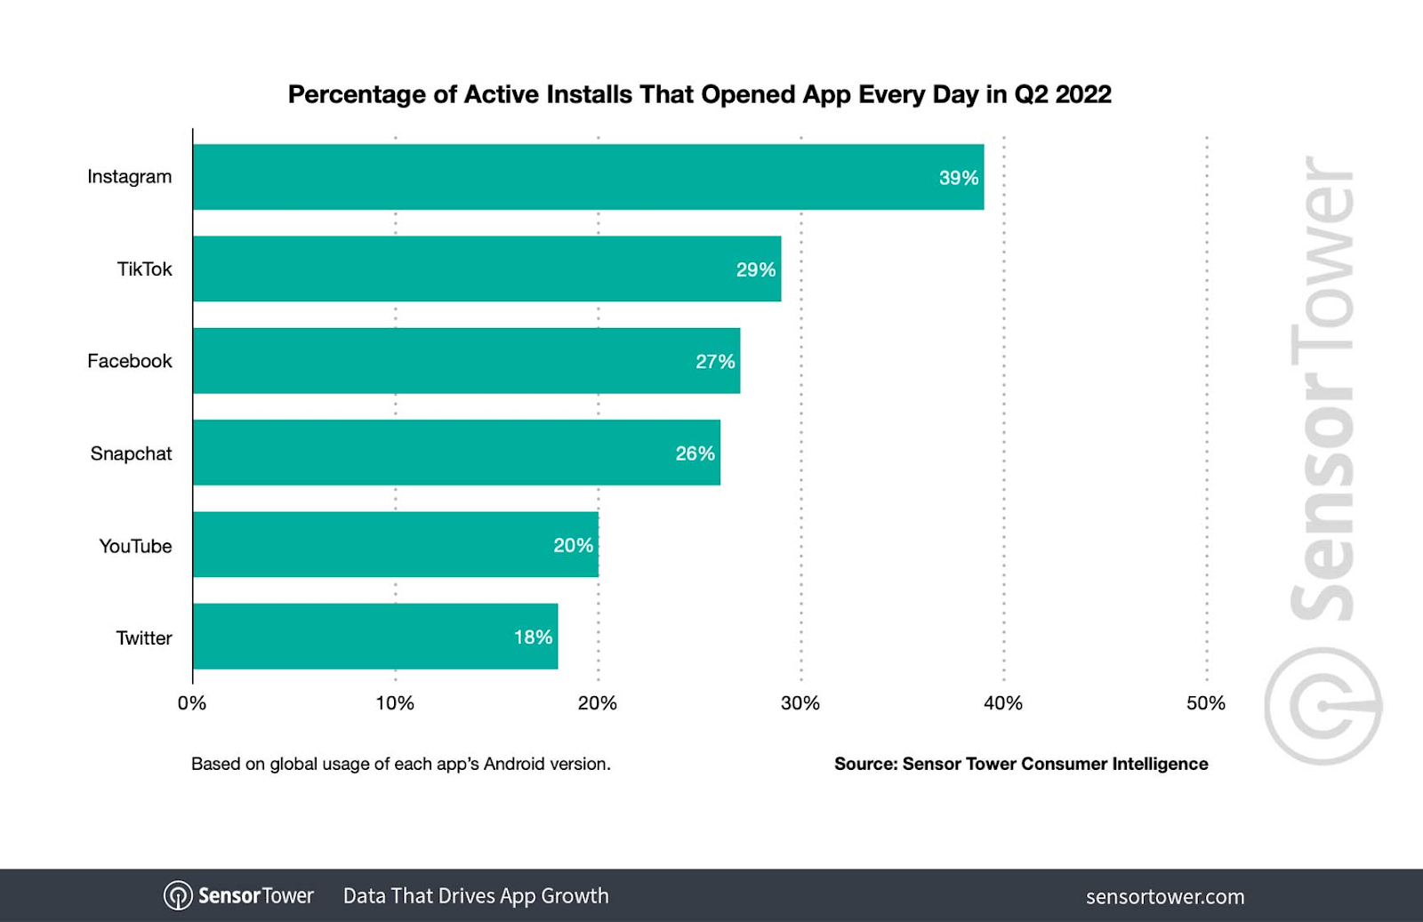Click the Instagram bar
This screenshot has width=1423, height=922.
click(x=587, y=177)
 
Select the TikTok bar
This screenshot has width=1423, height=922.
click(x=486, y=269)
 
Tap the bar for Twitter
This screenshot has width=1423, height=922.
click(x=374, y=637)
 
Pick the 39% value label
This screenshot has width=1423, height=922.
click(x=958, y=178)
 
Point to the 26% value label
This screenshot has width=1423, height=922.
click(x=695, y=453)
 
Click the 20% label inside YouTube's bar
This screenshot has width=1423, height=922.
click(x=573, y=545)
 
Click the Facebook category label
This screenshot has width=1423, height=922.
click(x=130, y=361)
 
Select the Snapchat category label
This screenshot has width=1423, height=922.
click(x=131, y=453)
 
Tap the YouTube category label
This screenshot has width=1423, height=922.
click(x=135, y=546)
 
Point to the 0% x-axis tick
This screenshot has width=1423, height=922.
click(x=192, y=703)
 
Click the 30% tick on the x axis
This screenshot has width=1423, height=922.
click(x=800, y=703)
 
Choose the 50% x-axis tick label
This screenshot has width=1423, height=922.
click(x=1205, y=703)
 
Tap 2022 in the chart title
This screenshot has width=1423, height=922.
click(x=1083, y=94)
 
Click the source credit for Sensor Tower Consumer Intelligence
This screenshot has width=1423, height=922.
click(x=1021, y=764)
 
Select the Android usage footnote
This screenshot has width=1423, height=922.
click(x=401, y=764)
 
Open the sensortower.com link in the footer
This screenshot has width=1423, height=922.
click(x=1165, y=896)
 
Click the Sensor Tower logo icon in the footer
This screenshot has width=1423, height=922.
click(x=178, y=895)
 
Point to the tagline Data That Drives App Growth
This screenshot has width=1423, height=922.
click(x=476, y=895)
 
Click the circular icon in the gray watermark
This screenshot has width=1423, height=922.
click(x=1323, y=706)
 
